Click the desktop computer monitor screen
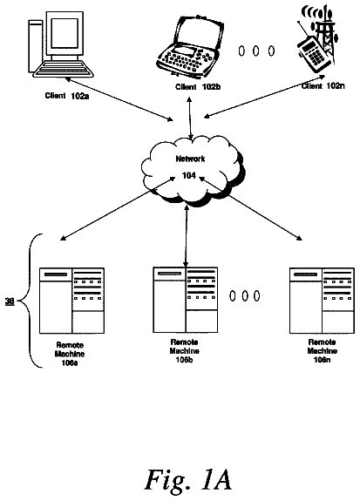65,33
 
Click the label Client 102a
67,96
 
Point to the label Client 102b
198,86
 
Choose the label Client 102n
323,85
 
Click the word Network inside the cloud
190,159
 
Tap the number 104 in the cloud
188,175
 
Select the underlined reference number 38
10,301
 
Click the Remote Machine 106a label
70,354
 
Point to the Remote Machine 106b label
185,351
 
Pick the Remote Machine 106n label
322,351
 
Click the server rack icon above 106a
72,301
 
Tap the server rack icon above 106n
322,301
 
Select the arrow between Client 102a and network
119,99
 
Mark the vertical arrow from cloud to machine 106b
186,236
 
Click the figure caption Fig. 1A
188,479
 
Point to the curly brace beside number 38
31,301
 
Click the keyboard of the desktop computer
64,69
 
